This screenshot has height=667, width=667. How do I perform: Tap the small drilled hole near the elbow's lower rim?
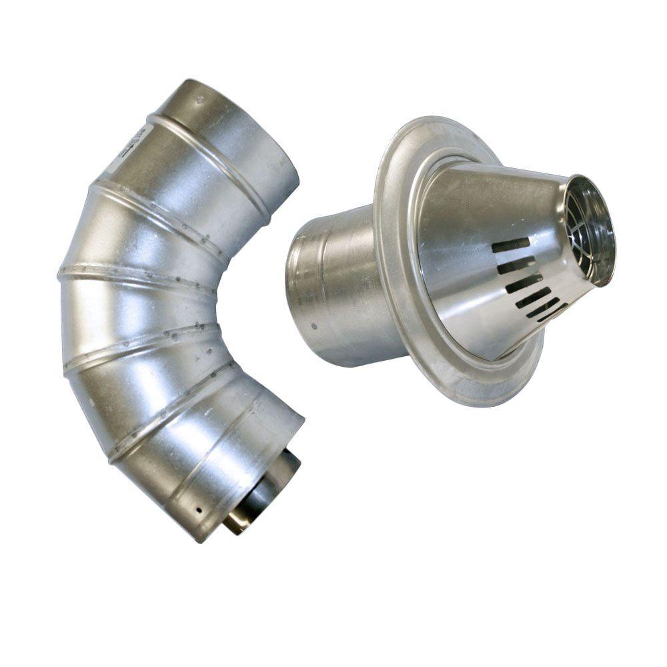[x=198, y=511]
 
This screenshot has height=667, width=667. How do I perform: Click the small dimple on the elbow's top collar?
[x=201, y=100]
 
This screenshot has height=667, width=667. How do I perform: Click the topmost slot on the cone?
[x=511, y=245]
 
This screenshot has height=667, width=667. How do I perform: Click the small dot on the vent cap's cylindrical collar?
[x=314, y=327]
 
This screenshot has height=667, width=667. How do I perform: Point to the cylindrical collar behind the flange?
[x=333, y=287]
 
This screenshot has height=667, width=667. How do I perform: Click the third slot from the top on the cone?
[x=524, y=283]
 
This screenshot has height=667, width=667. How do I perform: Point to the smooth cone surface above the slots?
[x=494, y=200]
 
